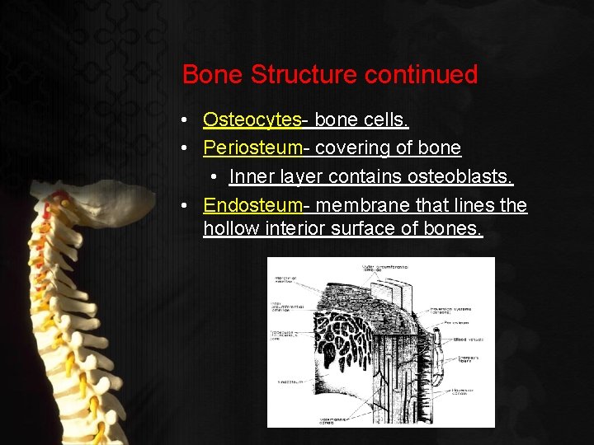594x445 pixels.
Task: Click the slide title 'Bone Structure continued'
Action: coord(329,74)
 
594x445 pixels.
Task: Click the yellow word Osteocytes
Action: coord(252,119)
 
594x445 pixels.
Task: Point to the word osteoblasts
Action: coord(465,176)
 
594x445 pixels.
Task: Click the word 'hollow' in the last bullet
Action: coord(231,228)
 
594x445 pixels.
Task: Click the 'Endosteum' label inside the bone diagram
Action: coord(290,382)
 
